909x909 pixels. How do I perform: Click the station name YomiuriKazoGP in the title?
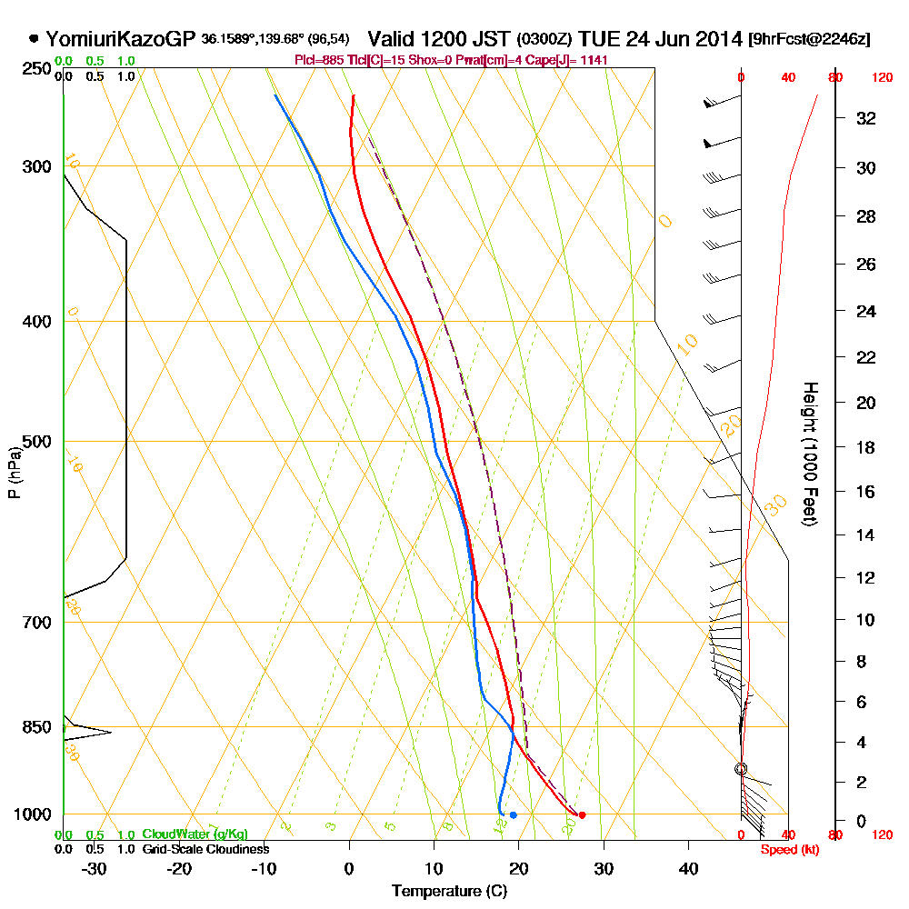(x=120, y=39)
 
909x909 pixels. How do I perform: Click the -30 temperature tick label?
(x=95, y=867)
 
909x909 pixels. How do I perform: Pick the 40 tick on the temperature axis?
(x=688, y=867)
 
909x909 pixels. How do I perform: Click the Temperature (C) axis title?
(x=449, y=891)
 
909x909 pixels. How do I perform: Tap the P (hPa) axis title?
(x=15, y=473)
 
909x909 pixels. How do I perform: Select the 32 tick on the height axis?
(x=866, y=118)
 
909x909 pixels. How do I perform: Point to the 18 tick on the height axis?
(x=866, y=447)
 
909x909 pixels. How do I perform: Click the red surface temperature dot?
(x=582, y=814)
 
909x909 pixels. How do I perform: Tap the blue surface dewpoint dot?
(x=514, y=814)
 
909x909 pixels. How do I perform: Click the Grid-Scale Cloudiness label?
(x=205, y=849)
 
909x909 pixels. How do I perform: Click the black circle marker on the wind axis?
(x=741, y=769)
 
